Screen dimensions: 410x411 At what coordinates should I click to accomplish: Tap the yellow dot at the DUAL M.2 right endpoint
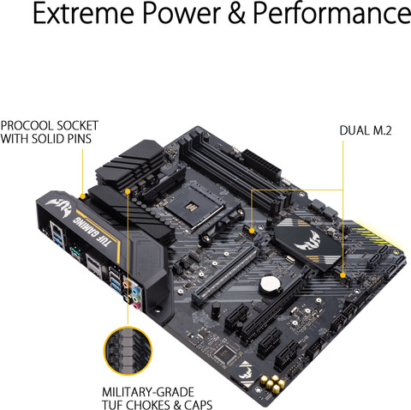tap(342, 275)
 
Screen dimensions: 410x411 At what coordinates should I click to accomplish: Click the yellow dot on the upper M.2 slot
tap(252, 229)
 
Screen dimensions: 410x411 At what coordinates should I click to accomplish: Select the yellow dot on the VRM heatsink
tap(126, 190)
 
